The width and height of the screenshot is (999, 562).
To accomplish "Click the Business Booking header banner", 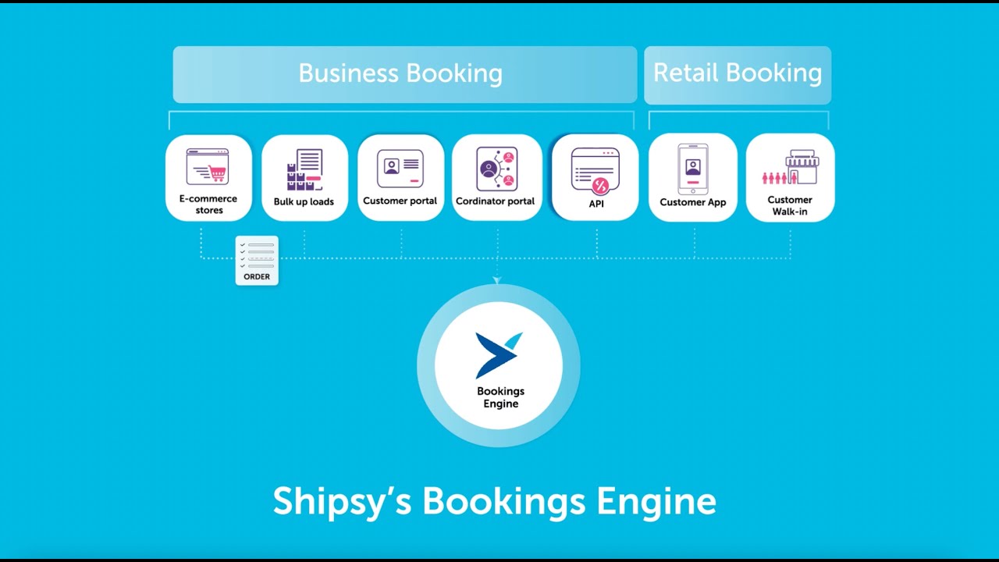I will pyautogui.click(x=404, y=74).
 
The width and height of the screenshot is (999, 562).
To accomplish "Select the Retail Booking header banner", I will pyautogui.click(x=737, y=74).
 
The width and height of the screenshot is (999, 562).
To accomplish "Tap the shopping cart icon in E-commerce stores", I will pyautogui.click(x=215, y=173).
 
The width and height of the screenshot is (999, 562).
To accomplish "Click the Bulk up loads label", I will pyautogui.click(x=304, y=201).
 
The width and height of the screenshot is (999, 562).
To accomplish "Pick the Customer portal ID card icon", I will pyautogui.click(x=400, y=168).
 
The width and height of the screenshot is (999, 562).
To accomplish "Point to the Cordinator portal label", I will pyautogui.click(x=495, y=201).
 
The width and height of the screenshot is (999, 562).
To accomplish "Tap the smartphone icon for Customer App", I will pyautogui.click(x=692, y=169).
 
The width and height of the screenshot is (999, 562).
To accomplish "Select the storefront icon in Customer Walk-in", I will pyautogui.click(x=801, y=166).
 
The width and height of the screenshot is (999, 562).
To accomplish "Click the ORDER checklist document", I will pyautogui.click(x=257, y=260).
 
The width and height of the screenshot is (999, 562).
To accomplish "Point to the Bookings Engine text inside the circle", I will pyautogui.click(x=500, y=397).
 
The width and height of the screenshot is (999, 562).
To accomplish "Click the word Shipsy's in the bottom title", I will pyautogui.click(x=342, y=500).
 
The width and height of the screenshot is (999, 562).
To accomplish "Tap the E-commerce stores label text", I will pyautogui.click(x=208, y=205).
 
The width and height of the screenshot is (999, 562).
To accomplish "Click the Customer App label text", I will pyautogui.click(x=692, y=202).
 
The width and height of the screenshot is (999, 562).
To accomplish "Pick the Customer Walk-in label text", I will pyautogui.click(x=790, y=205).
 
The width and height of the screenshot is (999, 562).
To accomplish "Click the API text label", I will pyautogui.click(x=595, y=204).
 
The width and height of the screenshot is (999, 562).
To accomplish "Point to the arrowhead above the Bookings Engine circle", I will pyautogui.click(x=497, y=280).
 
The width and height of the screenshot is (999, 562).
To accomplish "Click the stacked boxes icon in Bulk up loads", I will pyautogui.click(x=297, y=178).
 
